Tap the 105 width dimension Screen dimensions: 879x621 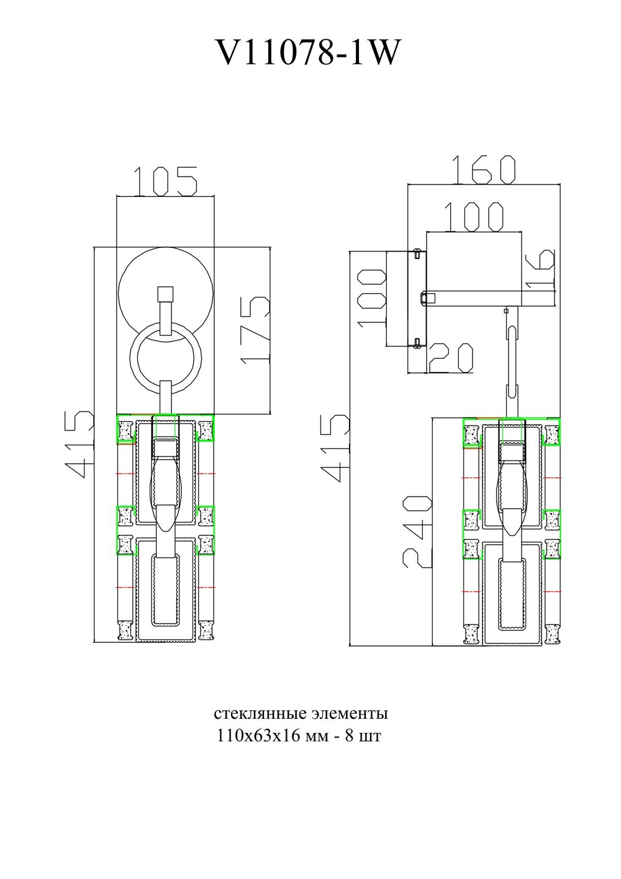[166, 181]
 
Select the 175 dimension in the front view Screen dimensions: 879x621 [256, 329]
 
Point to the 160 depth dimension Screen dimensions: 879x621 [483, 170]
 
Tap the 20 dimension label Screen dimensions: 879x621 [451, 358]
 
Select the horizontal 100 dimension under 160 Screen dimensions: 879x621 [474, 217]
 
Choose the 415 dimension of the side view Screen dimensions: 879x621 [335, 448]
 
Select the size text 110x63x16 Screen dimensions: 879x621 [254, 736]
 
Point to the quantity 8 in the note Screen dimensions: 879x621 [349, 736]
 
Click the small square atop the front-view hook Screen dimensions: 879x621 [165, 294]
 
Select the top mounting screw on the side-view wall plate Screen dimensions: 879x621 [417, 253]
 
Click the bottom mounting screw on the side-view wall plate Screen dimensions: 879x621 [417, 342]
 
